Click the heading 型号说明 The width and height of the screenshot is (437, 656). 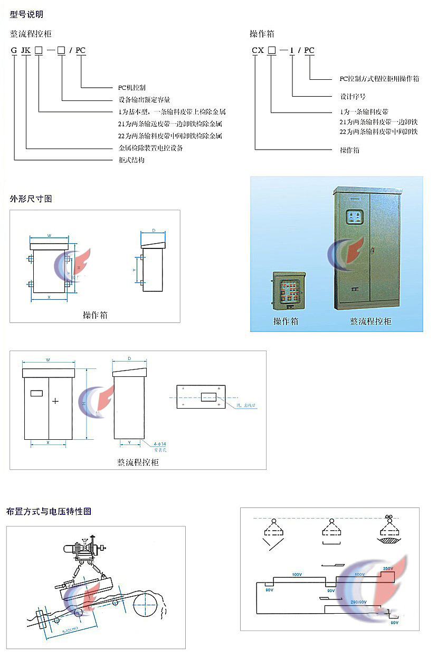(x=26, y=14)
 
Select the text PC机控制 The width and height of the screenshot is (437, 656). (x=131, y=87)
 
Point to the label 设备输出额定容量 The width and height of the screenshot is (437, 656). (x=144, y=99)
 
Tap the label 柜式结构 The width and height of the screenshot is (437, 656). (x=131, y=160)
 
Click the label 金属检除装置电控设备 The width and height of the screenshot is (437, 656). (x=151, y=148)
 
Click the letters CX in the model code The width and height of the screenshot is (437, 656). (x=258, y=51)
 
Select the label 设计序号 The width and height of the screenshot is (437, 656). (x=353, y=97)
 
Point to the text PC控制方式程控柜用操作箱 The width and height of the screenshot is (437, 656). (x=379, y=78)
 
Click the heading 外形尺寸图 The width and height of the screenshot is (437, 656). (x=31, y=199)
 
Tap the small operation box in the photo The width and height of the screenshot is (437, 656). (x=288, y=291)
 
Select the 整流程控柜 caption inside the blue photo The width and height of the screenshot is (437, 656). (x=370, y=321)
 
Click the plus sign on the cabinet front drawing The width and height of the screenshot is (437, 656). (x=55, y=401)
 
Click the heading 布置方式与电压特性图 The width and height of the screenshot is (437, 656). (x=49, y=511)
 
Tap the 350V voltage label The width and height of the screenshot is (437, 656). (x=387, y=569)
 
